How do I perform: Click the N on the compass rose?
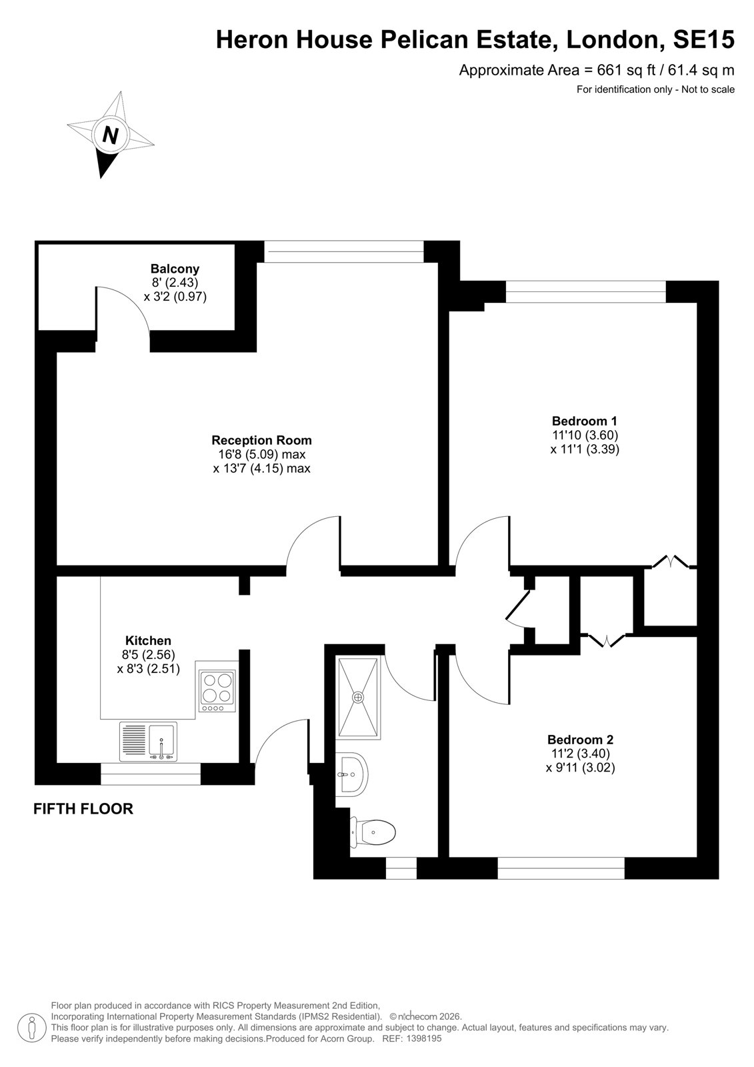click(x=110, y=135)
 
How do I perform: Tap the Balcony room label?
click(x=175, y=268)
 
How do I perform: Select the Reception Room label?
click(x=261, y=439)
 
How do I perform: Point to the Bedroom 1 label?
click(x=585, y=421)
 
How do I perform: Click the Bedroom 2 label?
click(x=580, y=740)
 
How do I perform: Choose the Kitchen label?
click(x=148, y=640)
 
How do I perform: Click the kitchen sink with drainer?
click(x=147, y=742)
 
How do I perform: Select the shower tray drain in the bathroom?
click(x=357, y=697)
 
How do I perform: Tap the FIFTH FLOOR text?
click(x=83, y=809)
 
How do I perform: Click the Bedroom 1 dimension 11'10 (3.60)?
click(x=585, y=435)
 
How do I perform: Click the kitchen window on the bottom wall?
click(x=151, y=774)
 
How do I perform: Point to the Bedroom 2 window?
click(x=561, y=868)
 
